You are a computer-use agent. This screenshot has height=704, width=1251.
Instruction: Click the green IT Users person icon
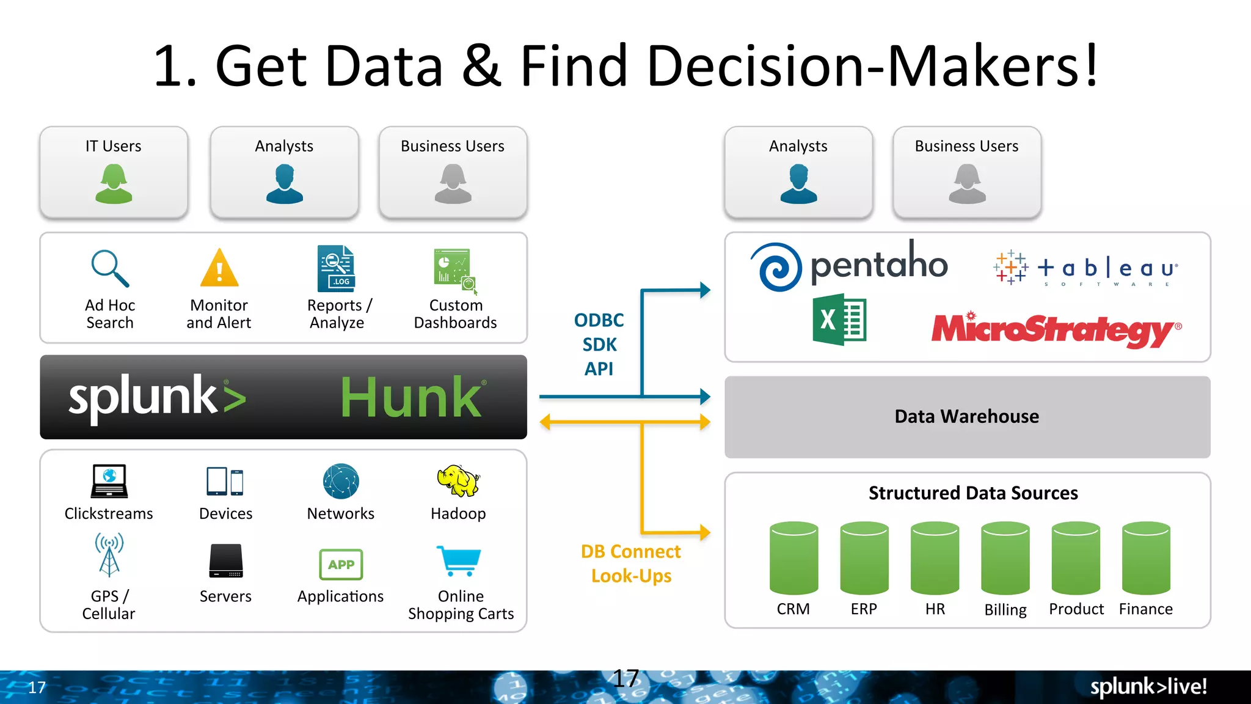pos(114,183)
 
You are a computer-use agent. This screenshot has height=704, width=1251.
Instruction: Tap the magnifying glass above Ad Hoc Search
pos(110,268)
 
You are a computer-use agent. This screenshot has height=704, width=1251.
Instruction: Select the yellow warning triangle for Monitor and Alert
pos(219,268)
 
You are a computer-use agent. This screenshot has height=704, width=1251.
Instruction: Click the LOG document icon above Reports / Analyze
pos(336,269)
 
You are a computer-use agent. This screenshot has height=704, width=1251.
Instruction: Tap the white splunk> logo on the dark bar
pos(157,397)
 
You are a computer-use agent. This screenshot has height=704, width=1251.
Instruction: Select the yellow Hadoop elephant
pos(458,481)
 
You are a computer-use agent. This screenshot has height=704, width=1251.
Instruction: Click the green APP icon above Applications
pos(341,564)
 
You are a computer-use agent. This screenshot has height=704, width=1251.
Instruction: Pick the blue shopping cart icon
pos(459,560)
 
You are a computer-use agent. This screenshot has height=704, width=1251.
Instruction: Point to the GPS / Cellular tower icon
pos(109,555)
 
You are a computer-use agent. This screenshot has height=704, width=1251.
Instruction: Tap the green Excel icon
pos(839,320)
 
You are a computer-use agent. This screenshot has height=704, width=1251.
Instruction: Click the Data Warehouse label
pos(967,417)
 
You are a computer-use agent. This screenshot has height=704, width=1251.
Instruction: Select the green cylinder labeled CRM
pos(793,557)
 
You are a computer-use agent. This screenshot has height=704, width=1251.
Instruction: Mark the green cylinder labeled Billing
pos(1005,557)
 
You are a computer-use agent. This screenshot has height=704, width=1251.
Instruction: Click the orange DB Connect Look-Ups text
pos(631,563)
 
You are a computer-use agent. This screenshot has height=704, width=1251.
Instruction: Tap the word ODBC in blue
pos(599,320)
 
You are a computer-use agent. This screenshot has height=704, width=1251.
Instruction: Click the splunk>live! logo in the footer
pos(1148,687)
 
